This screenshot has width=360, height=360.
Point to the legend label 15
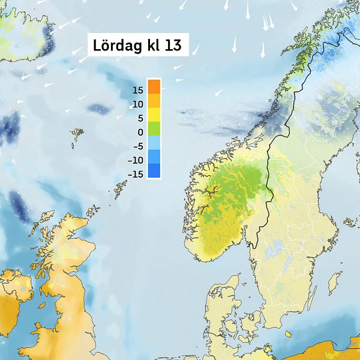[137, 90]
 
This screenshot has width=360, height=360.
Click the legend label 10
[137, 104]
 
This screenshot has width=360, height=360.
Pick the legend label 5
[139, 118]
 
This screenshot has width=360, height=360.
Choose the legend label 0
[140, 132]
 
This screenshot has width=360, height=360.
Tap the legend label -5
[137, 146]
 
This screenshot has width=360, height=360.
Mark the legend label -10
[136, 160]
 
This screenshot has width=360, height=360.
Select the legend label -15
[136, 174]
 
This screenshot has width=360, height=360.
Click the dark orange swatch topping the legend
[154, 86]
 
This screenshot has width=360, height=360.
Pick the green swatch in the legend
[154, 128]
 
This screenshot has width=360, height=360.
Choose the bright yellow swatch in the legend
[154, 114]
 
